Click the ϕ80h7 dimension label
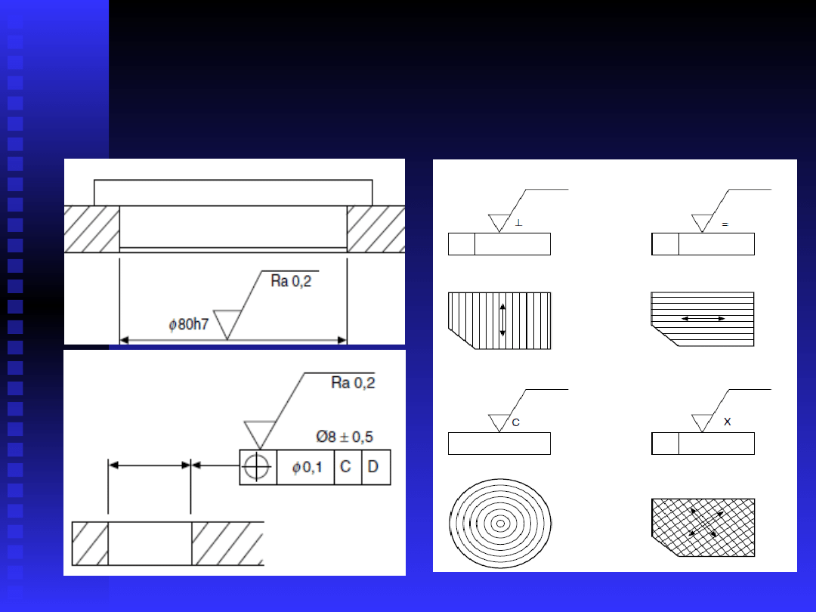[x=188, y=324]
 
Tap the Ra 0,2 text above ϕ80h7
[x=291, y=281]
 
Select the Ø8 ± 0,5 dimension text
[x=345, y=437]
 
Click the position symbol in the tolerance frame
[x=257, y=466]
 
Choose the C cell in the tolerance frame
[x=347, y=468]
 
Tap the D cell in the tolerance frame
[x=376, y=468]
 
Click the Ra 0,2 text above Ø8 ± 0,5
[x=353, y=383]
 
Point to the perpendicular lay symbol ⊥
[x=518, y=223]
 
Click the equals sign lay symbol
[x=725, y=224]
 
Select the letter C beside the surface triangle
[x=516, y=422]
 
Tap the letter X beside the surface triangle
[x=727, y=422]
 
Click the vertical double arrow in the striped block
[x=502, y=320]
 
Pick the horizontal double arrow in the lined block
[x=703, y=319]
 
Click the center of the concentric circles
[x=500, y=524]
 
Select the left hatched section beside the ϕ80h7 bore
[x=91, y=229]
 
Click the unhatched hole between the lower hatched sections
[x=150, y=543]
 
